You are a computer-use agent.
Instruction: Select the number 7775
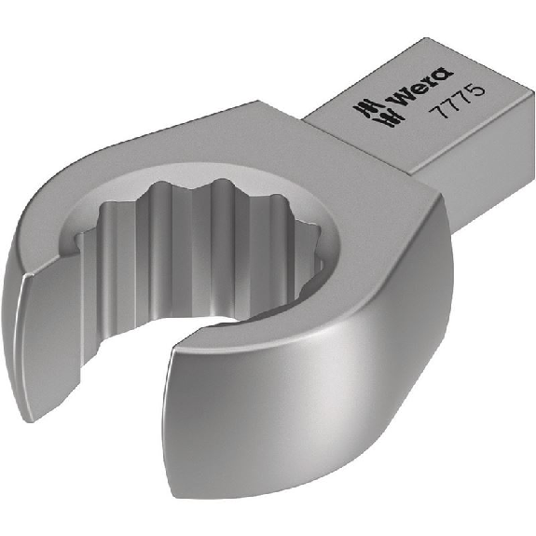(458, 102)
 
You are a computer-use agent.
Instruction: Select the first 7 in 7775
(438, 110)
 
